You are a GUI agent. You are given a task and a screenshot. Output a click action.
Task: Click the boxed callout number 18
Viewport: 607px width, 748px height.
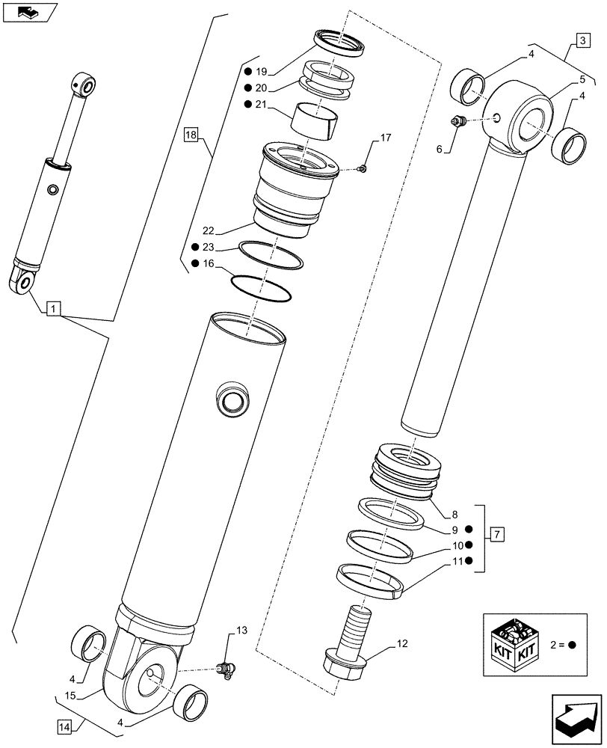point(191,135)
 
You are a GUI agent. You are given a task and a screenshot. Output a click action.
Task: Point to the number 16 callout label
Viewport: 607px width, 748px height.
point(209,263)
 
